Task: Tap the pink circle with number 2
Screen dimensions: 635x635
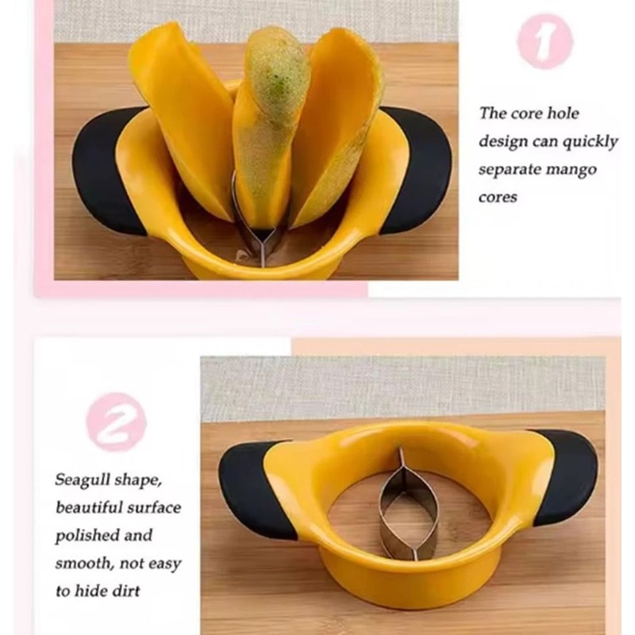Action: (x=117, y=421)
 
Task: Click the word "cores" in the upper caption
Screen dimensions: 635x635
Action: (x=498, y=197)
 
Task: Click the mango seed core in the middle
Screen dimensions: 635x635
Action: (x=270, y=119)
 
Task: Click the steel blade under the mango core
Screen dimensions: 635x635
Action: (x=259, y=238)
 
